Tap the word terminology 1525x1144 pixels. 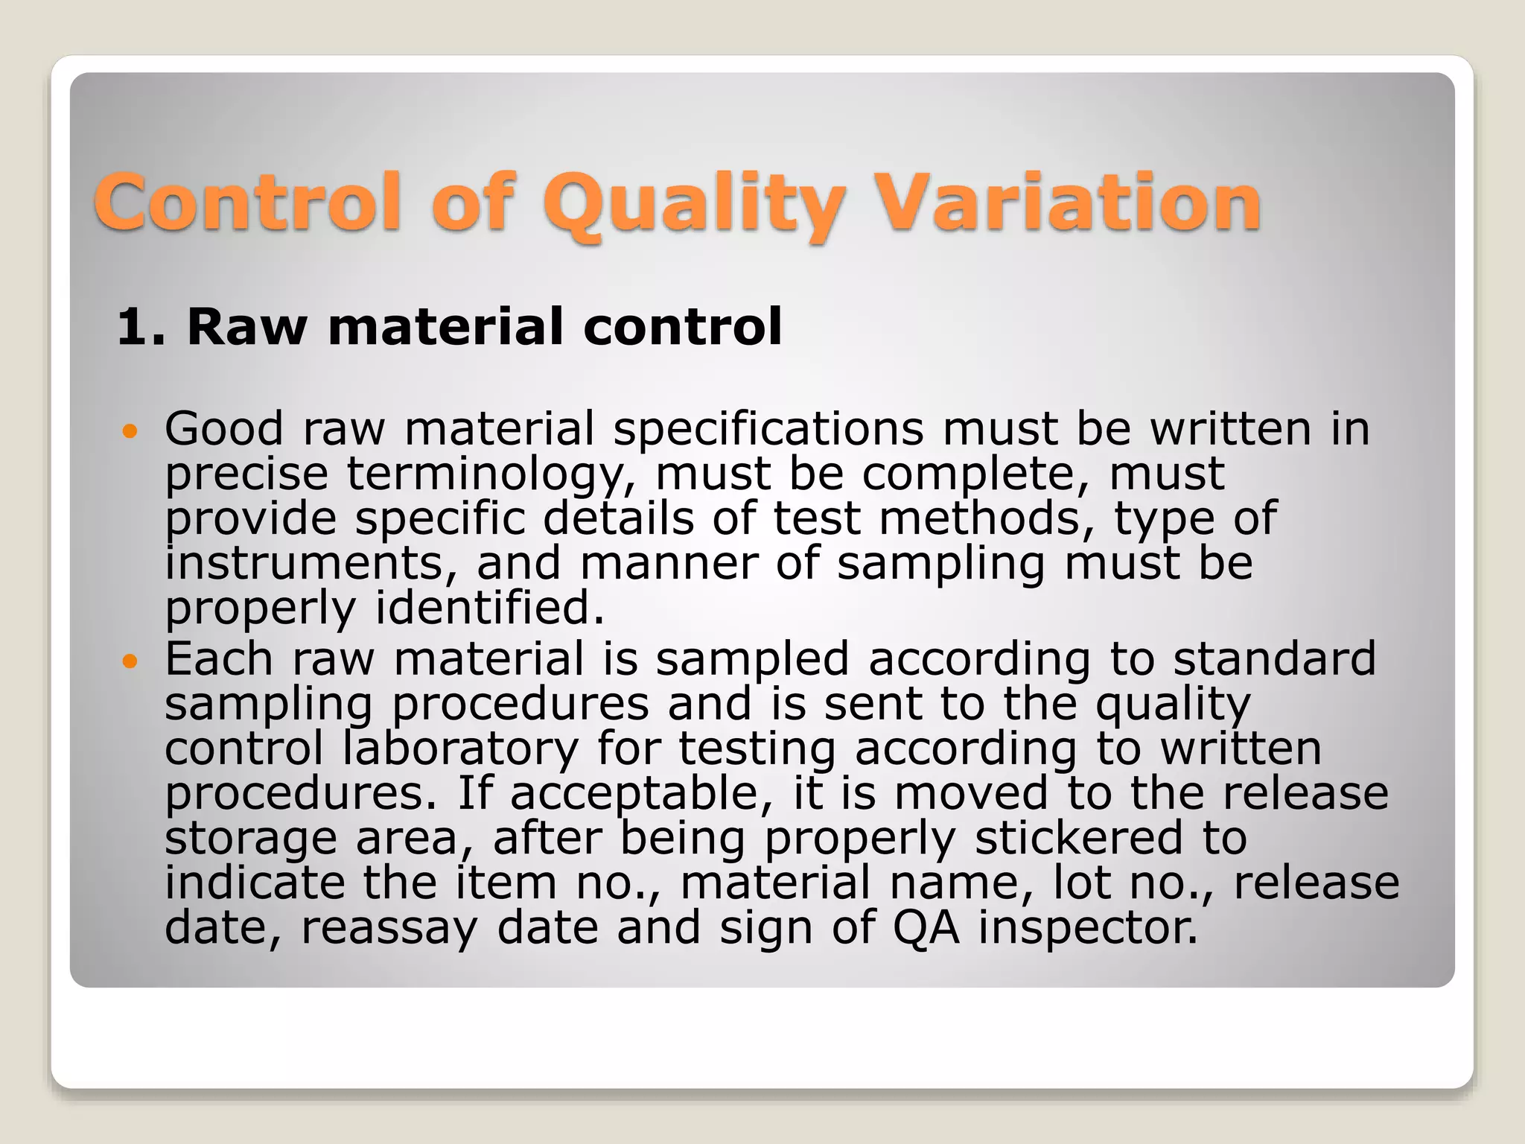coord(492,474)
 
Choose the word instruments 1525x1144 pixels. coord(311,563)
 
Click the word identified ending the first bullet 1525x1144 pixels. coord(489,608)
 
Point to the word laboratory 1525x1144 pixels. coord(460,749)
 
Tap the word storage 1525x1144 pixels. coord(251,839)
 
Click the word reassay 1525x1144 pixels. coord(389,928)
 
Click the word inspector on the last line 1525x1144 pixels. coord(1088,928)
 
